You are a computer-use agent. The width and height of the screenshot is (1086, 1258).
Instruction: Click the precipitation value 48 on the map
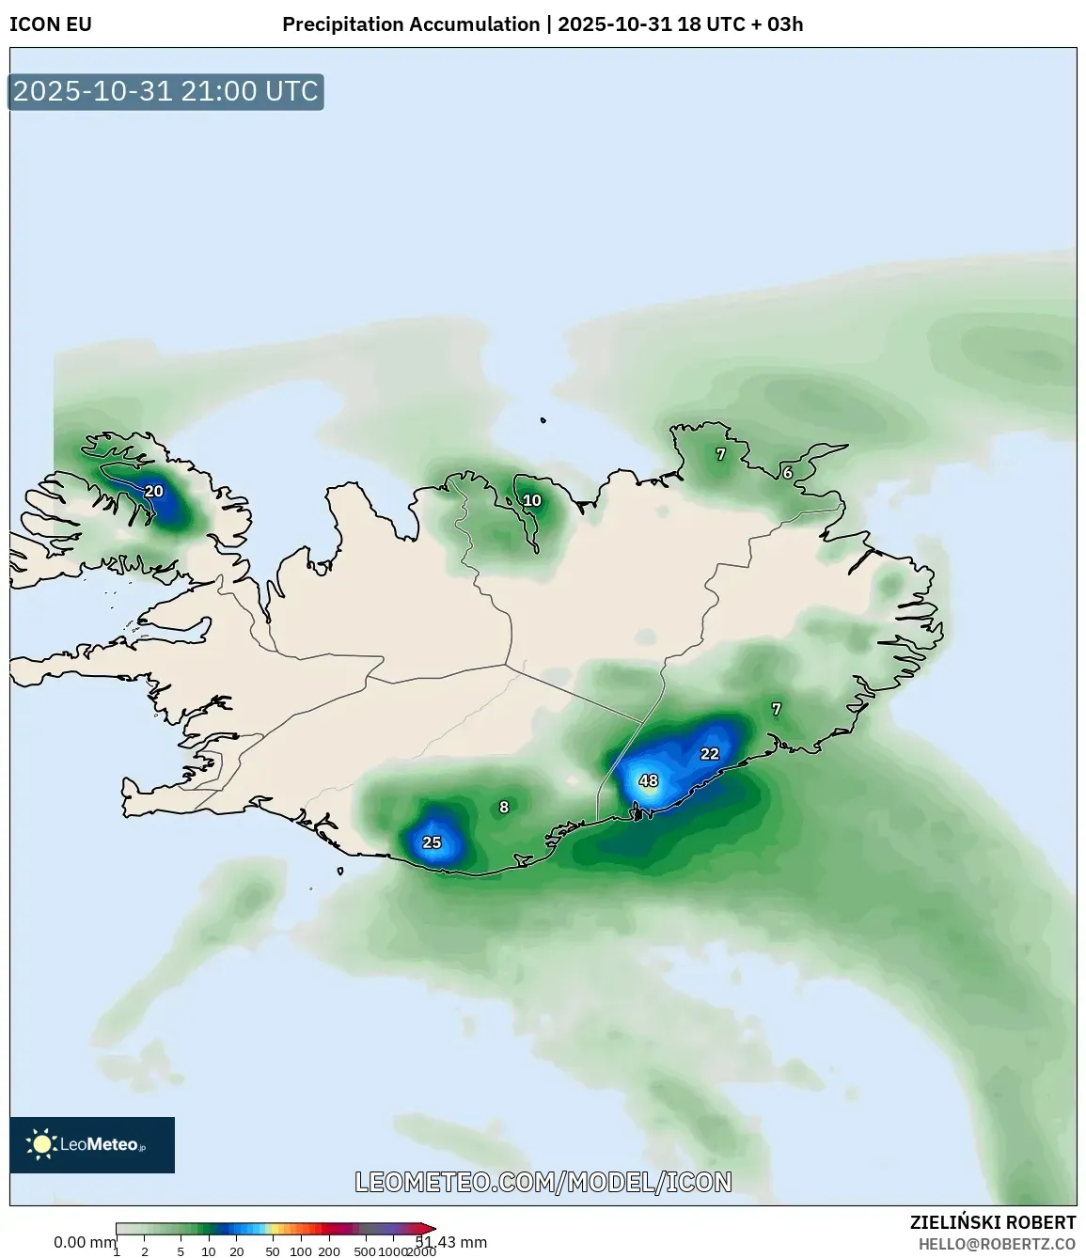pos(649,780)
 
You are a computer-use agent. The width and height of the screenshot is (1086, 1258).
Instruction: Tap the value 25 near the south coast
pos(432,842)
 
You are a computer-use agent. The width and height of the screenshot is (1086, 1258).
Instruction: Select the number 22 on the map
pos(710,754)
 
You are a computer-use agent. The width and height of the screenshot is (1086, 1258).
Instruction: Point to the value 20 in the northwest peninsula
pos(153,492)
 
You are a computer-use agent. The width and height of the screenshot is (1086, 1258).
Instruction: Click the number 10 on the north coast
pos(532,500)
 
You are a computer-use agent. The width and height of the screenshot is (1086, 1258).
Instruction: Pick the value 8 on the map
pos(504,807)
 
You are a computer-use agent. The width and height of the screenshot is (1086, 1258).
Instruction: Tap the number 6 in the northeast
pos(788,473)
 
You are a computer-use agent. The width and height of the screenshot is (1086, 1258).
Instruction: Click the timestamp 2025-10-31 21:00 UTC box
pos(165,92)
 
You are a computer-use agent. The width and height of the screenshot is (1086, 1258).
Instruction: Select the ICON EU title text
pos(51,24)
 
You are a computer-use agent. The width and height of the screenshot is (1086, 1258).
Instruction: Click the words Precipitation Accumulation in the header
pos(411,24)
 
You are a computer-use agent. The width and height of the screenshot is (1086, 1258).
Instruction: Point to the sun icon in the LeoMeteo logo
pos(41,1144)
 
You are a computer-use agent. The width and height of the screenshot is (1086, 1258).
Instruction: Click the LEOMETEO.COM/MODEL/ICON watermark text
pos(543,1182)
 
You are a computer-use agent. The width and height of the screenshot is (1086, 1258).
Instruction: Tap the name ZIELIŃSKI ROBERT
pos(992,1222)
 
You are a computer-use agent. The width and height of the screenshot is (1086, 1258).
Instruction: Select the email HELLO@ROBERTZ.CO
pos(997,1244)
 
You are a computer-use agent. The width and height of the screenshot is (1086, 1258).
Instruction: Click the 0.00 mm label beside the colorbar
pos(84,1242)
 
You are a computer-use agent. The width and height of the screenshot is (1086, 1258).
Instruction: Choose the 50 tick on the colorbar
pos(273,1251)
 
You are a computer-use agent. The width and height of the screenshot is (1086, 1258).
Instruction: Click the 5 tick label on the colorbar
pos(181,1251)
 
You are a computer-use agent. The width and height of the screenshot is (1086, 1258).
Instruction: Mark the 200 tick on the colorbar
pos(329,1251)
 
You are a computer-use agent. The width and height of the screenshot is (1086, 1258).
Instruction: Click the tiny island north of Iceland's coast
pos(543,421)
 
